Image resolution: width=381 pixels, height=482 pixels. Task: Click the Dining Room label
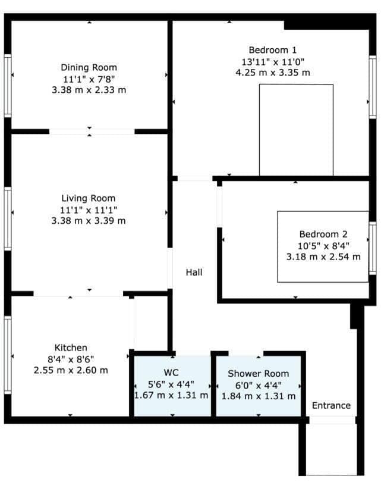click(89, 68)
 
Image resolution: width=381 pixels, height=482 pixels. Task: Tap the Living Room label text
click(89, 198)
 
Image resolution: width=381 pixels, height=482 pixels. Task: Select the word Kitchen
click(71, 348)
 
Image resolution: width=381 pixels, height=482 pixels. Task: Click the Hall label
click(194, 273)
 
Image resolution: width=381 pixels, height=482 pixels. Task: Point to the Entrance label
click(331, 406)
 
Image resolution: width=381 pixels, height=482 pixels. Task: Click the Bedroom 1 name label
click(272, 50)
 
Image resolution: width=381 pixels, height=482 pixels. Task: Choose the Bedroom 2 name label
click(323, 234)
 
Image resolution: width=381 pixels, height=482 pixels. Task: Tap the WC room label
click(171, 373)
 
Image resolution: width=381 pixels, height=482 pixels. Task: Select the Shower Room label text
click(258, 374)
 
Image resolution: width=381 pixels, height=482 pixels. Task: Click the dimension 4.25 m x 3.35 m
click(272, 73)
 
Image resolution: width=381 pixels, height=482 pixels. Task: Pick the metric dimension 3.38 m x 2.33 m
click(89, 90)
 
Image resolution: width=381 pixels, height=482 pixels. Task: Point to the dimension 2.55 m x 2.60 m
click(71, 370)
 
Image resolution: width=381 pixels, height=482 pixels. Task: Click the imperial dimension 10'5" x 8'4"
click(323, 246)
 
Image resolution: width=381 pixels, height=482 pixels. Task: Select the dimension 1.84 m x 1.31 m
click(258, 396)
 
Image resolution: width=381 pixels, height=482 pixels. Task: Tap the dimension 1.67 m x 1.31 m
click(171, 396)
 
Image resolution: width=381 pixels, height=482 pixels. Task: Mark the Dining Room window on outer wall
click(8, 85)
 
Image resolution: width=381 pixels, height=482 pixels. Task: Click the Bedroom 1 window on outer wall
click(373, 86)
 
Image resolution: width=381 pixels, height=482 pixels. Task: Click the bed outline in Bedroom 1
click(296, 130)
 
